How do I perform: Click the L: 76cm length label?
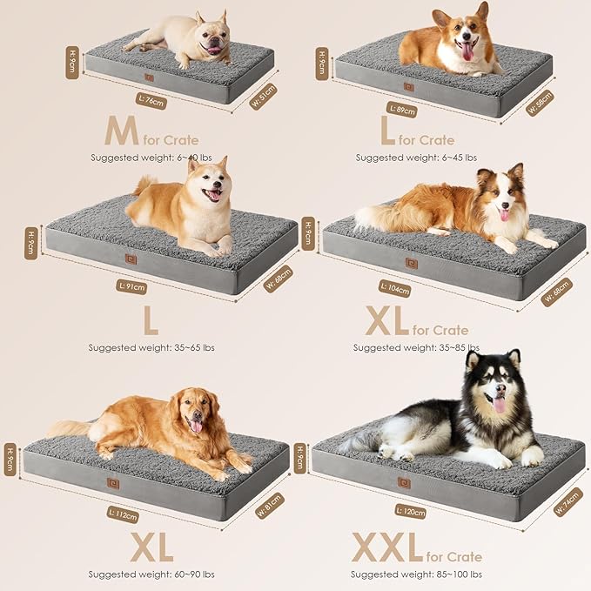point(151,101)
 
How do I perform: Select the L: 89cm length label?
point(402,110)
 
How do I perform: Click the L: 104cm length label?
point(395,288)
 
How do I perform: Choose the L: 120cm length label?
point(411,510)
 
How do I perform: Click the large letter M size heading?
point(121,131)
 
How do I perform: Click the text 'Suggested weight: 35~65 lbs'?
point(151,347)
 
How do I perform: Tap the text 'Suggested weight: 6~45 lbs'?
point(416,158)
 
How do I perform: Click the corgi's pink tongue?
point(467,52)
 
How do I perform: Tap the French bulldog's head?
point(210,33)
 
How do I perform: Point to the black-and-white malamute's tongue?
point(500,404)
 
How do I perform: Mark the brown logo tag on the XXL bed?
point(403,482)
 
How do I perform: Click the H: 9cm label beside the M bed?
point(73,61)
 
